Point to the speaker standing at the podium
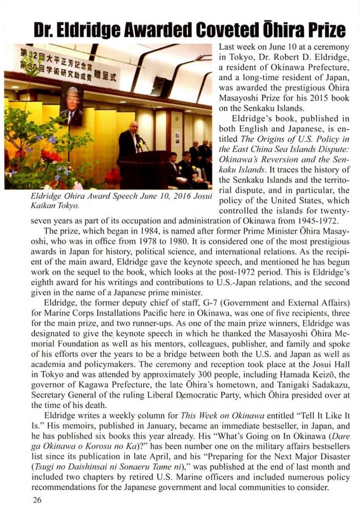click(x=128, y=135)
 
